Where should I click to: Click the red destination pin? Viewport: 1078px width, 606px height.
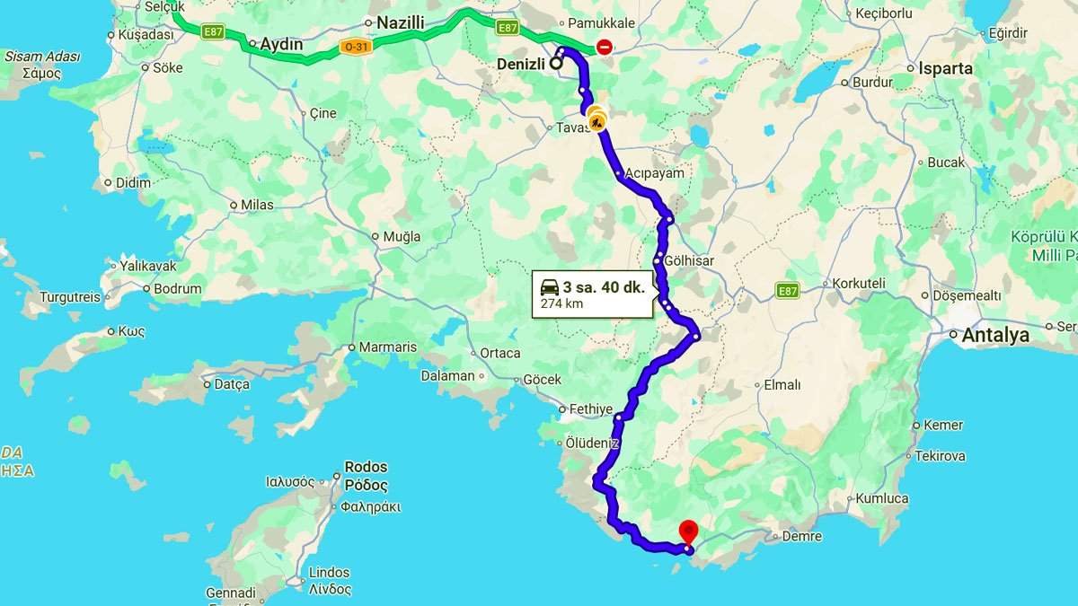(x=689, y=531)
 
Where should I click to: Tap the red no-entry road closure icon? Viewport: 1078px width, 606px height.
(x=605, y=47)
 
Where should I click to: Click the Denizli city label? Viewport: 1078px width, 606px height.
(x=522, y=64)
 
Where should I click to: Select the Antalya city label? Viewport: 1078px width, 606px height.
(x=995, y=336)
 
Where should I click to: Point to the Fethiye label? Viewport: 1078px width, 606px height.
(x=591, y=408)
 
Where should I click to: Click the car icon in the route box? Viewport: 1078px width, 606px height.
(x=549, y=287)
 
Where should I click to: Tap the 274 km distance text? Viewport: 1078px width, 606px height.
(x=561, y=304)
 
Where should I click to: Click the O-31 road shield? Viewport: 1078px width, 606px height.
(x=357, y=47)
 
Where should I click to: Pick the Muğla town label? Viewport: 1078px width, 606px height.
(x=402, y=237)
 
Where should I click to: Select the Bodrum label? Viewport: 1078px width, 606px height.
(x=178, y=289)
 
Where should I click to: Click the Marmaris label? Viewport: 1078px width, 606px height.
(x=388, y=347)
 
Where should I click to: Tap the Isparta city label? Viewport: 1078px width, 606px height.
(x=945, y=68)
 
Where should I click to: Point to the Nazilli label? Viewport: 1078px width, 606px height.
(x=401, y=22)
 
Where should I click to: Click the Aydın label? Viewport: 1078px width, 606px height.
(x=281, y=44)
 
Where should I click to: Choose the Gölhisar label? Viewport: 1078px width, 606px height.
(x=689, y=260)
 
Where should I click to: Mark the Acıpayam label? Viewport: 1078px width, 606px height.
(x=655, y=173)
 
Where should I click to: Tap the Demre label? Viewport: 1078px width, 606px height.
(x=802, y=536)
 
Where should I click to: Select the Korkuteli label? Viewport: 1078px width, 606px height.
(x=859, y=283)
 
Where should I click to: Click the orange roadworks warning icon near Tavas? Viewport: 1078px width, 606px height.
(x=596, y=119)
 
